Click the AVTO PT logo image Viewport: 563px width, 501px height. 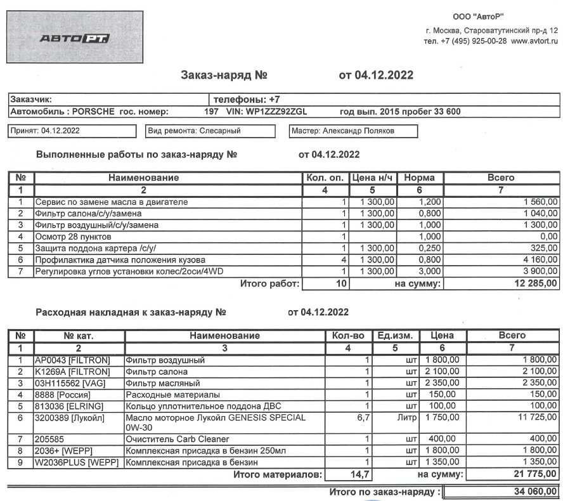75,38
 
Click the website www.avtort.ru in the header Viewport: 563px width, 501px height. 534,41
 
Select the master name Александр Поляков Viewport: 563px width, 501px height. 359,131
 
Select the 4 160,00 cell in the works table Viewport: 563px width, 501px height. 541,259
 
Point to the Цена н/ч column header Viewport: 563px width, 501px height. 373,178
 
